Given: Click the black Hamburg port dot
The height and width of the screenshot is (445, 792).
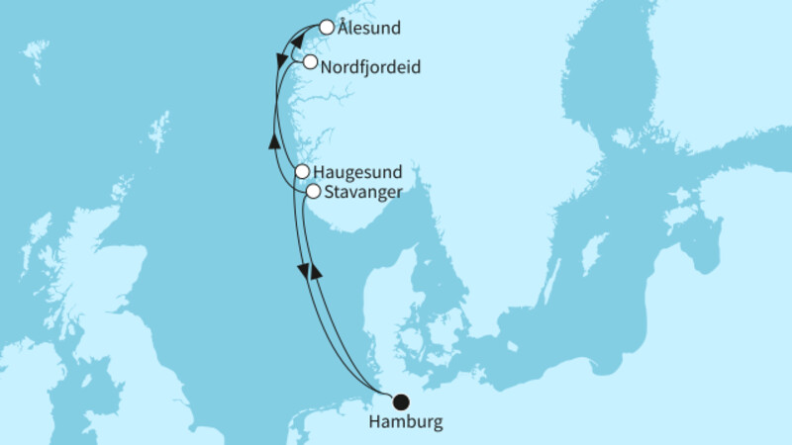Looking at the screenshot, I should (x=400, y=402).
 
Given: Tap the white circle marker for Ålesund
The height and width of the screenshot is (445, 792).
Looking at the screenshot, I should (x=326, y=28).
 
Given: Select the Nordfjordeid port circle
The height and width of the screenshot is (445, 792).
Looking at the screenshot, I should (x=311, y=62).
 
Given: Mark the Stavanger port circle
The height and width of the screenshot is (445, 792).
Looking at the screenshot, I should (x=312, y=191).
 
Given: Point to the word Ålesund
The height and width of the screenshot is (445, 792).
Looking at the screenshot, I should (x=368, y=29).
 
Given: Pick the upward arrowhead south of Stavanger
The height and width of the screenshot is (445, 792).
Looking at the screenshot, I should (x=316, y=270).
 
